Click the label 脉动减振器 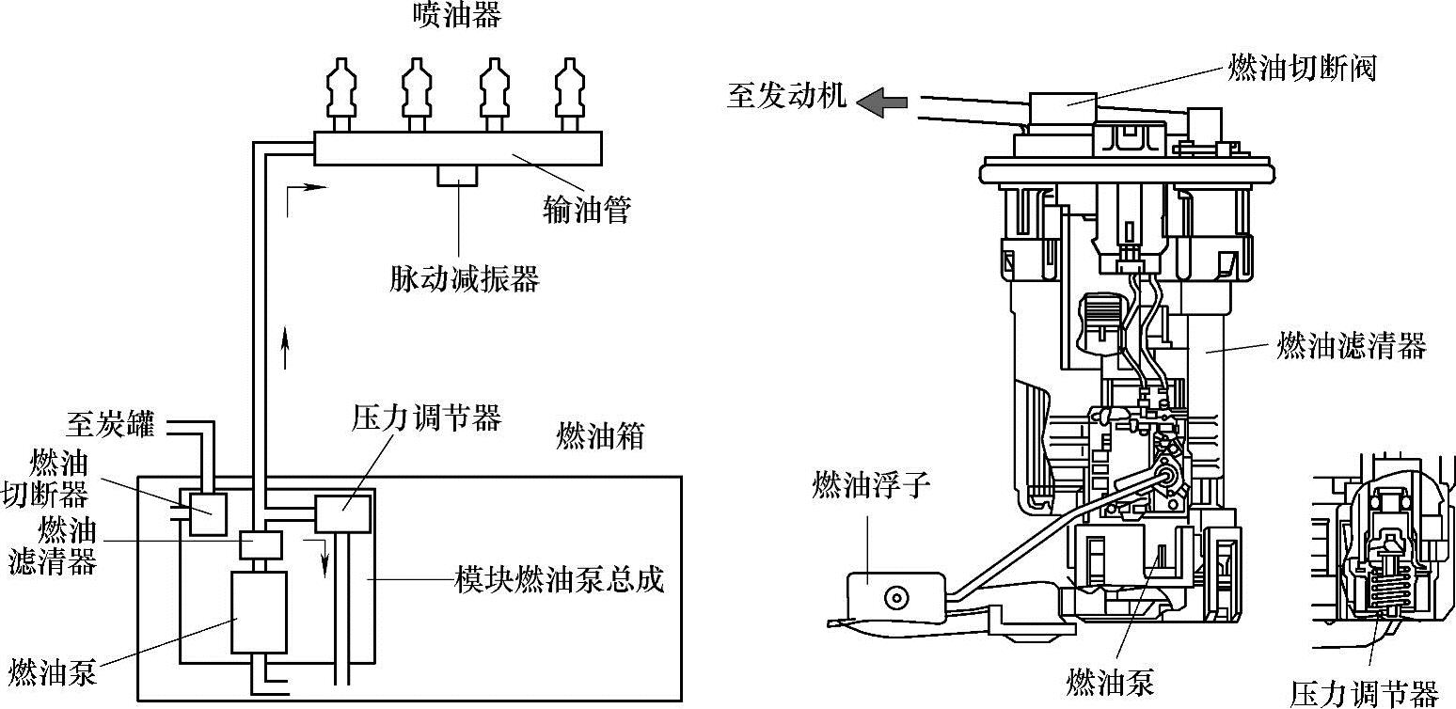click(464, 278)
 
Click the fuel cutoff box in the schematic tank click(209, 513)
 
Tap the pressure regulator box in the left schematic click(343, 513)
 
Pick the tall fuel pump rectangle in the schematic click(260, 611)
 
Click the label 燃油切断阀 click(1302, 68)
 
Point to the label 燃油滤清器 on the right click(1351, 346)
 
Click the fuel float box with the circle click(893, 596)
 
